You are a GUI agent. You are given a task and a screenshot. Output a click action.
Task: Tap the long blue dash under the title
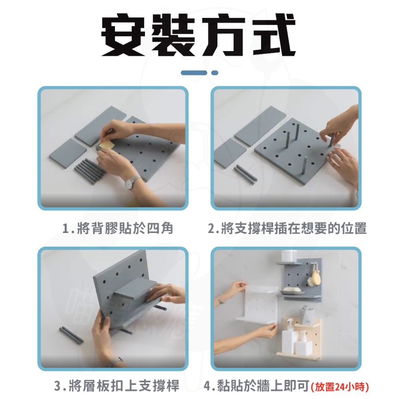(194, 73)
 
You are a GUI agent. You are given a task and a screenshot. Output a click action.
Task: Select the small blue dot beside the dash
(215, 73)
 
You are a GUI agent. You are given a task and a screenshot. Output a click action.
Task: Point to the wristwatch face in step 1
(130, 183)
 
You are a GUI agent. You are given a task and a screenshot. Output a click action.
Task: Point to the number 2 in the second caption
(212, 229)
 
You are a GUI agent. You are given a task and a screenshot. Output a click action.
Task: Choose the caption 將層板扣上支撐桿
(124, 386)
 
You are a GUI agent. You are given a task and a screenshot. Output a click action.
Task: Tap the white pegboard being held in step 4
(257, 303)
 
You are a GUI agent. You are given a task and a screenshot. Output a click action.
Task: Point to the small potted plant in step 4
(308, 314)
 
